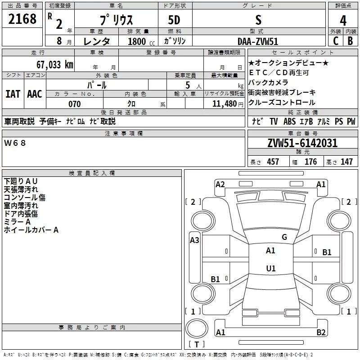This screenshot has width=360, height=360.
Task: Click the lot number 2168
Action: (22, 19)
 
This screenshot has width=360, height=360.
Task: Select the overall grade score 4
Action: (343, 20)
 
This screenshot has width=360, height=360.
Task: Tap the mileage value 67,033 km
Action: (55, 65)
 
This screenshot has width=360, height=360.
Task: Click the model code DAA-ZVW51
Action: (258, 41)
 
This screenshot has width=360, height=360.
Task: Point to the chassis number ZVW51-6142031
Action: (302, 143)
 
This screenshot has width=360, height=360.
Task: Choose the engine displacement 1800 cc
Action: (141, 41)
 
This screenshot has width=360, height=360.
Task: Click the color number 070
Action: (75, 104)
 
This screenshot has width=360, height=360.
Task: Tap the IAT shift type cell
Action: (13, 94)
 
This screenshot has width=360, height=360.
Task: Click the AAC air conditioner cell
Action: (35, 94)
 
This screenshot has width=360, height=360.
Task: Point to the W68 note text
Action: (15, 143)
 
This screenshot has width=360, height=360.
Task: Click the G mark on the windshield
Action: (284, 237)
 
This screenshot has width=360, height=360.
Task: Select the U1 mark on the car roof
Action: (271, 268)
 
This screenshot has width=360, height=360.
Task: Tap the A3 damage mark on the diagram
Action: (194, 240)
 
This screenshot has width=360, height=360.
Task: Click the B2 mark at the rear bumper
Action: (321, 332)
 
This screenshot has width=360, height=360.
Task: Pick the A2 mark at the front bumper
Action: (220, 184)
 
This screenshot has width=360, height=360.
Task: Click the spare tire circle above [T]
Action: (197, 328)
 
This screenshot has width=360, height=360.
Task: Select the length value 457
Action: (273, 162)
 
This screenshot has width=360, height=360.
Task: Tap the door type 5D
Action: (174, 20)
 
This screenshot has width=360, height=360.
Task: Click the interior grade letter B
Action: (350, 41)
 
